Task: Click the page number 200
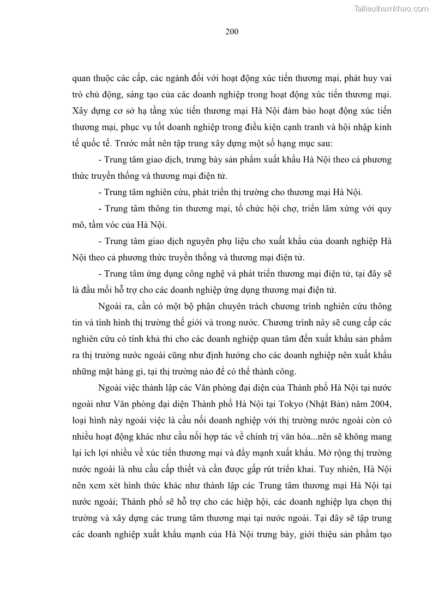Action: point(232,32)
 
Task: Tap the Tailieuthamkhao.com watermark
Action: point(392,8)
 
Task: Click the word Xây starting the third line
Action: point(81,111)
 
